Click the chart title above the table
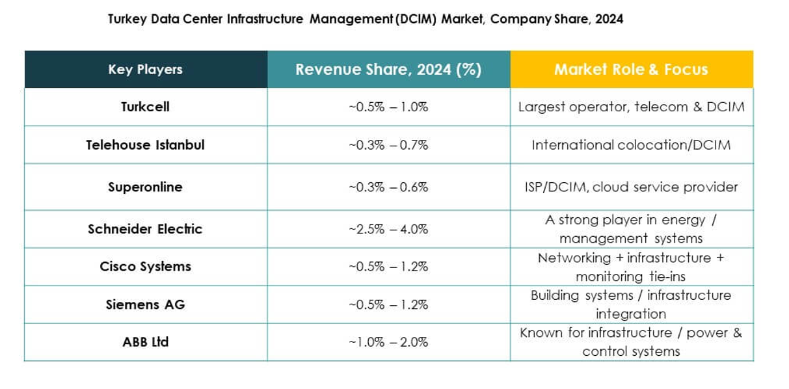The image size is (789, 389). pyautogui.click(x=365, y=20)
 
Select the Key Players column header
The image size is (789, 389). pyautogui.click(x=145, y=70)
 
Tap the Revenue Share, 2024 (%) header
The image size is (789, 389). pyautogui.click(x=388, y=70)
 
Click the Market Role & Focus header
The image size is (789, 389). pyautogui.click(x=631, y=70)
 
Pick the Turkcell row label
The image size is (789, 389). pyautogui.click(x=145, y=107)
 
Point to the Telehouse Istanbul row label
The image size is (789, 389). pyautogui.click(x=145, y=145)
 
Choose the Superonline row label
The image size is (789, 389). pyautogui.click(x=145, y=187)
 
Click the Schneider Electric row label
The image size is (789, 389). pyautogui.click(x=145, y=229)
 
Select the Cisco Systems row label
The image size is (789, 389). pyautogui.click(x=145, y=267)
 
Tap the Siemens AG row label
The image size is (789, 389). pyautogui.click(x=145, y=304)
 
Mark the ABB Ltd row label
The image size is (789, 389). pyautogui.click(x=145, y=342)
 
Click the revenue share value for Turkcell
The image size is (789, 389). pyautogui.click(x=388, y=107)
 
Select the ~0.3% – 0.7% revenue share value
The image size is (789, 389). pyautogui.click(x=388, y=145)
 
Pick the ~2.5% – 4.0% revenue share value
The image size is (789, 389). pyautogui.click(x=388, y=229)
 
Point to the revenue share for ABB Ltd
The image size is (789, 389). pyautogui.click(x=388, y=342)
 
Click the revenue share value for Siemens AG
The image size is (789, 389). pyautogui.click(x=388, y=304)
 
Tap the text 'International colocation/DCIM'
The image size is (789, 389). pyautogui.click(x=631, y=145)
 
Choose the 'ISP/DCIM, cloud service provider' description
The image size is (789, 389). pyautogui.click(x=631, y=187)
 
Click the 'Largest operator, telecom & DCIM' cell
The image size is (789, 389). pyautogui.click(x=631, y=107)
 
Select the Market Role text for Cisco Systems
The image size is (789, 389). pyautogui.click(x=631, y=267)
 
